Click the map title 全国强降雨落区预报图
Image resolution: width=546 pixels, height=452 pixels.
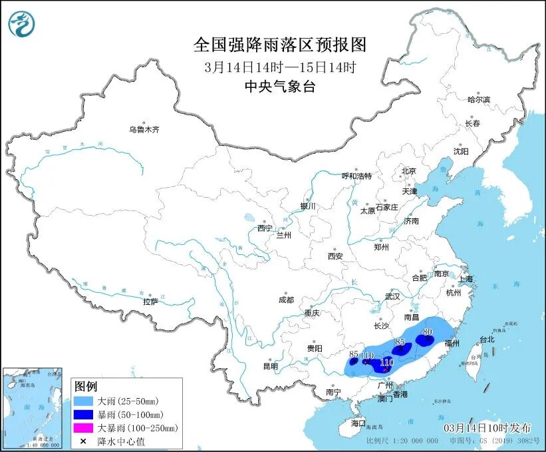click(x=279, y=45)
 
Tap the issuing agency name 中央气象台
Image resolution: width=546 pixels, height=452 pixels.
click(x=279, y=86)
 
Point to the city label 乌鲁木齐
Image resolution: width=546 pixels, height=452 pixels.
click(x=144, y=129)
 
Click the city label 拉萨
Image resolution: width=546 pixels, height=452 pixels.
click(x=150, y=302)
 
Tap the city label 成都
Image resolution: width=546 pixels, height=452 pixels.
click(x=287, y=300)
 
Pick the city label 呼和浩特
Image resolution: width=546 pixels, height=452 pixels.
click(x=356, y=176)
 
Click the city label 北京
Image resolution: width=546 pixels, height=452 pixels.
click(x=408, y=171)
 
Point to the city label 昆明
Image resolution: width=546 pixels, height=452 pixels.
click(x=271, y=365)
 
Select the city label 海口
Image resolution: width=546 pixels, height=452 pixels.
click(x=358, y=423)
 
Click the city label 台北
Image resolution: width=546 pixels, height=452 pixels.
click(x=486, y=339)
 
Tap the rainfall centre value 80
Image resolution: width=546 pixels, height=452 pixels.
click(x=428, y=331)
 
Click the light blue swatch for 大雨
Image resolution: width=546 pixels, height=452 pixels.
click(x=85, y=401)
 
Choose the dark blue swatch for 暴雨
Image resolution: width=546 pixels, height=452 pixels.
click(x=85, y=415)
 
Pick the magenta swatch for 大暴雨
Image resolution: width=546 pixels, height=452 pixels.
click(x=85, y=428)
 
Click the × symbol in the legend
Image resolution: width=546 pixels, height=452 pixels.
click(x=84, y=441)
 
